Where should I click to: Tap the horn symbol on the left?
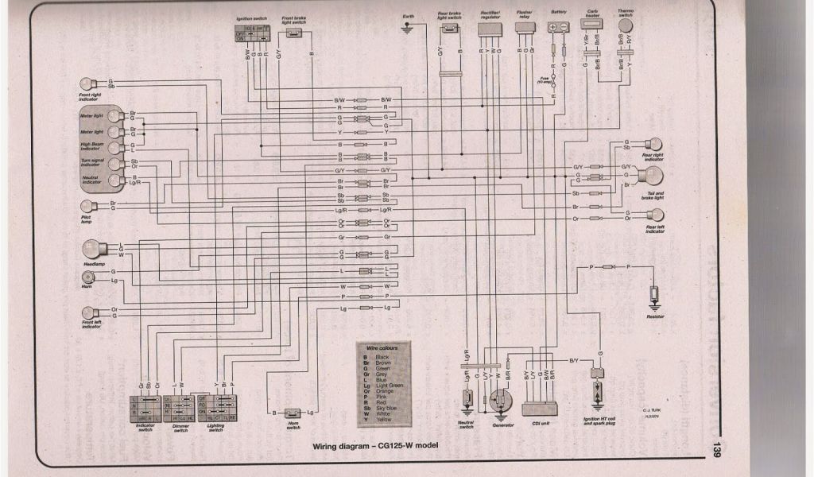pos(88,277)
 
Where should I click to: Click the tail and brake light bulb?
pos(650,175)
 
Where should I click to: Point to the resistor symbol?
pos(654,296)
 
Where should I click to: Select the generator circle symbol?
pos(500,401)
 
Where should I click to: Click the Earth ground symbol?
pos(409,29)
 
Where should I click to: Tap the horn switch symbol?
pos(291,413)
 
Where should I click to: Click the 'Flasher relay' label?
pos(525,16)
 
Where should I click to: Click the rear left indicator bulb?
pos(655,215)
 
